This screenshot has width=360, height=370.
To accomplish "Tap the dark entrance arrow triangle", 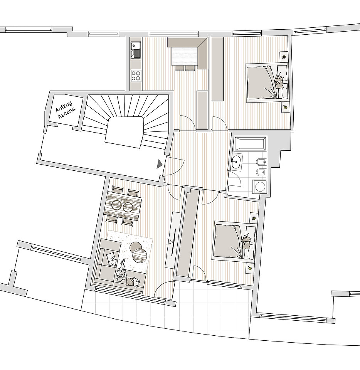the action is click(x=160, y=164).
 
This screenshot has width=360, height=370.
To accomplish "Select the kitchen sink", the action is click(x=136, y=50).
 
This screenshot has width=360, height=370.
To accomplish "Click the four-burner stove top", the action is click(x=136, y=76).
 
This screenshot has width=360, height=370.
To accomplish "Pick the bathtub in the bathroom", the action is click(x=250, y=143).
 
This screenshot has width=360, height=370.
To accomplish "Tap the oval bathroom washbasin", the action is click(x=236, y=161).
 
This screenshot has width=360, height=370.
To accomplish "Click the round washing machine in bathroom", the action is click(x=259, y=187).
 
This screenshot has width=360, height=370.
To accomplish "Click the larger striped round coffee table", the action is click(x=140, y=255).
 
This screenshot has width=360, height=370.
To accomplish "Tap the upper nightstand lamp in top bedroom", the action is click(x=284, y=57).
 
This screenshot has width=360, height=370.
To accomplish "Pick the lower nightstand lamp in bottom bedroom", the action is click(x=250, y=268).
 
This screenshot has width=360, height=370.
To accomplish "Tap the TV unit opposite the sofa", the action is click(x=173, y=239).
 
